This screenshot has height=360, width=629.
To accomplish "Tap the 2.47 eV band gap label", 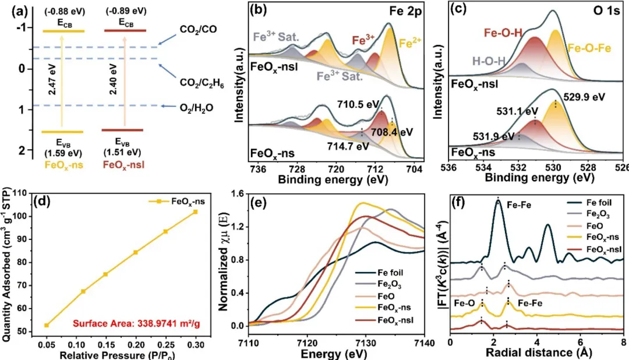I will coord(53,82).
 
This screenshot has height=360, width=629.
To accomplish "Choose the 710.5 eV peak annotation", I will coord(357,104).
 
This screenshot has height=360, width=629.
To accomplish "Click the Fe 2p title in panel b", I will coord(402,10).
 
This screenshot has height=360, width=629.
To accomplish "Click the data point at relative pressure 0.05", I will coord(47,325).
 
